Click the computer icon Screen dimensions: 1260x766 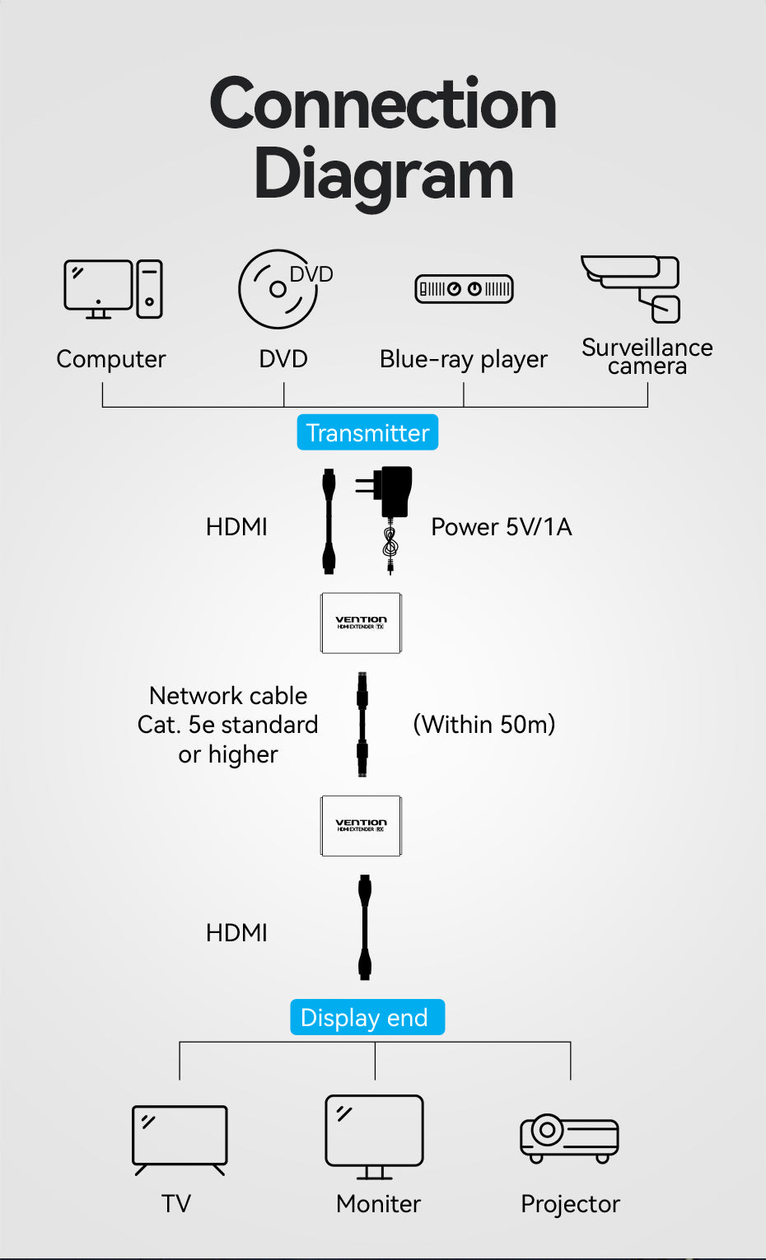[113, 289]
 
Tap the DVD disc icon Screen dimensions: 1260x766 [279, 289]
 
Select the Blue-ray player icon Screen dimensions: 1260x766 [464, 289]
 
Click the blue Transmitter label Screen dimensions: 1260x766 [367, 432]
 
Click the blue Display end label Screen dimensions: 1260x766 [367, 1017]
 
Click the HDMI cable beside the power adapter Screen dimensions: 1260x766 [329, 521]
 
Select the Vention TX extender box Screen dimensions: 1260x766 [361, 623]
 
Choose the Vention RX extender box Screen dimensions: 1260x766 [361, 826]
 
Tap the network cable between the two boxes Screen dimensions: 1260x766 [362, 725]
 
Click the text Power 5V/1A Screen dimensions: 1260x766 [501, 527]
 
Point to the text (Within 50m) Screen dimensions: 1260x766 [483, 725]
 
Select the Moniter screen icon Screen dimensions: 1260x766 [375, 1135]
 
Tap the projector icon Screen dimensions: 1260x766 [569, 1138]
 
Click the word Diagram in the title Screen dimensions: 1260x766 [383, 175]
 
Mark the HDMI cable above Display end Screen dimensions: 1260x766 [365, 927]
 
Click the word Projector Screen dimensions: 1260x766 [570, 1204]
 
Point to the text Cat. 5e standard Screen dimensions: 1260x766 [227, 725]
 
